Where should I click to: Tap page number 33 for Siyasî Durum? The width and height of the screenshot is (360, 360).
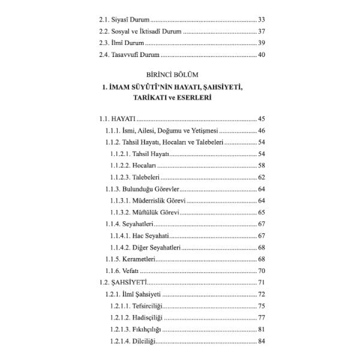260,20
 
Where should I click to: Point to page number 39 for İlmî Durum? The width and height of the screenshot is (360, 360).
260,44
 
